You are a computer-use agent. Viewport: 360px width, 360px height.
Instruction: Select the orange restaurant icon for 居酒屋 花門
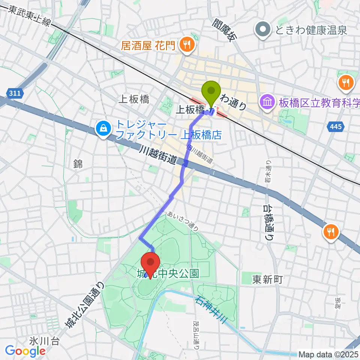[x=186, y=46]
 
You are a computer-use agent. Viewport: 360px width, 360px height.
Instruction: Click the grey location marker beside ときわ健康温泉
[x=263, y=30]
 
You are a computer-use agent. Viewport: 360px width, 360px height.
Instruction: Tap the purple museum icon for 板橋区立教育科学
[x=268, y=101]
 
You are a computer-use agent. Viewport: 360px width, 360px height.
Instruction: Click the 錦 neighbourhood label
[x=78, y=163]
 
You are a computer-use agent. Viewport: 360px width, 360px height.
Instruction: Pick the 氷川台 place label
[x=43, y=341]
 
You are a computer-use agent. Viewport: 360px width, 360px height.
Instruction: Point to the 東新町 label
[x=267, y=279]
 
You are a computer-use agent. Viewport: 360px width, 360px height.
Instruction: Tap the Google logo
[x=25, y=351]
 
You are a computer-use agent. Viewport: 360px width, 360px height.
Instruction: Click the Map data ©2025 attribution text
[x=328, y=354]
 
